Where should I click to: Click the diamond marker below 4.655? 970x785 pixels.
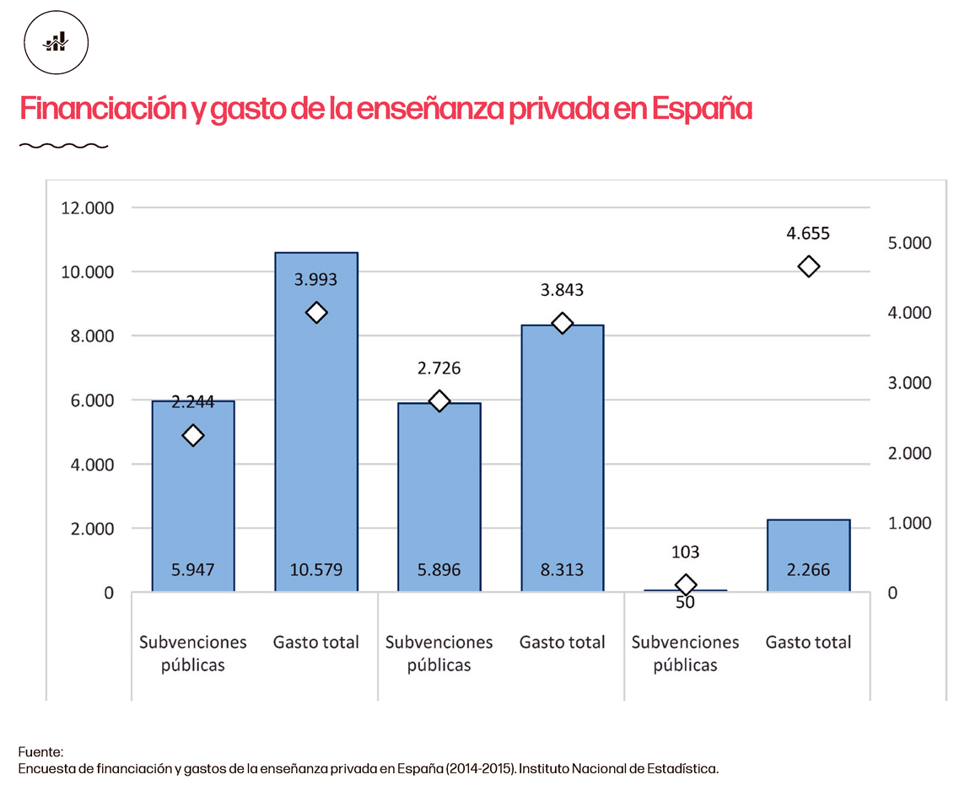click(808, 266)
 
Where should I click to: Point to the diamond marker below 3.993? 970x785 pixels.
click(316, 313)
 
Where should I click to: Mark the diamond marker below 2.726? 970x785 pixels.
click(439, 401)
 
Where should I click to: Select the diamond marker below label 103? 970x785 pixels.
click(686, 584)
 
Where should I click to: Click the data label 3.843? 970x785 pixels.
click(563, 290)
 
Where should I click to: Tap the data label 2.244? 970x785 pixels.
click(193, 403)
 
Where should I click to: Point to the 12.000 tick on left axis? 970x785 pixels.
click(88, 208)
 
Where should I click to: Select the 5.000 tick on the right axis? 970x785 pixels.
click(909, 243)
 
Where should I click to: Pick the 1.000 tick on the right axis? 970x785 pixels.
click(909, 523)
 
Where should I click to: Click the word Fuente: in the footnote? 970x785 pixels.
click(40, 752)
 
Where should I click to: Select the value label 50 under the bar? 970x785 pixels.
click(686, 602)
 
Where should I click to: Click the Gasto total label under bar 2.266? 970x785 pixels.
click(808, 643)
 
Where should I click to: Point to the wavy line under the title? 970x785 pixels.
click(63, 146)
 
